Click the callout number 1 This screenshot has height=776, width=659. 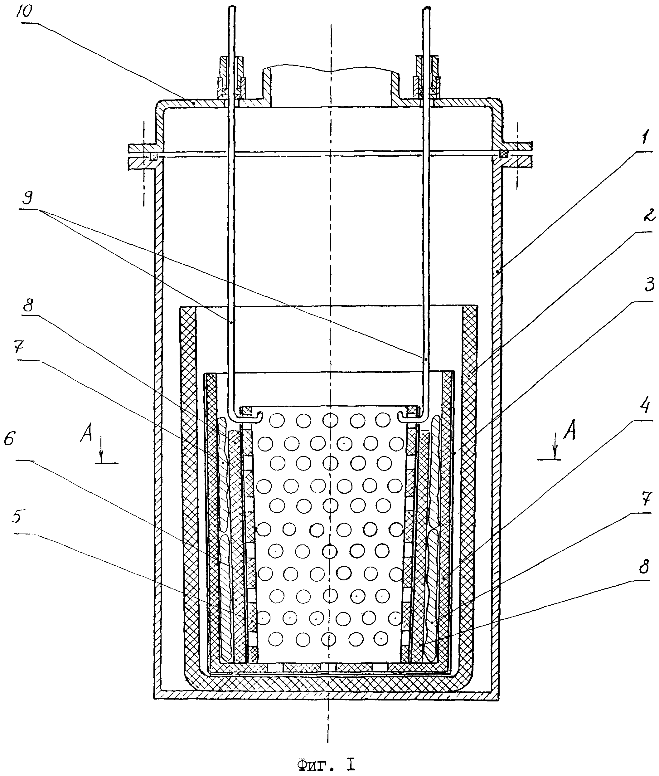click(x=646, y=139)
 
